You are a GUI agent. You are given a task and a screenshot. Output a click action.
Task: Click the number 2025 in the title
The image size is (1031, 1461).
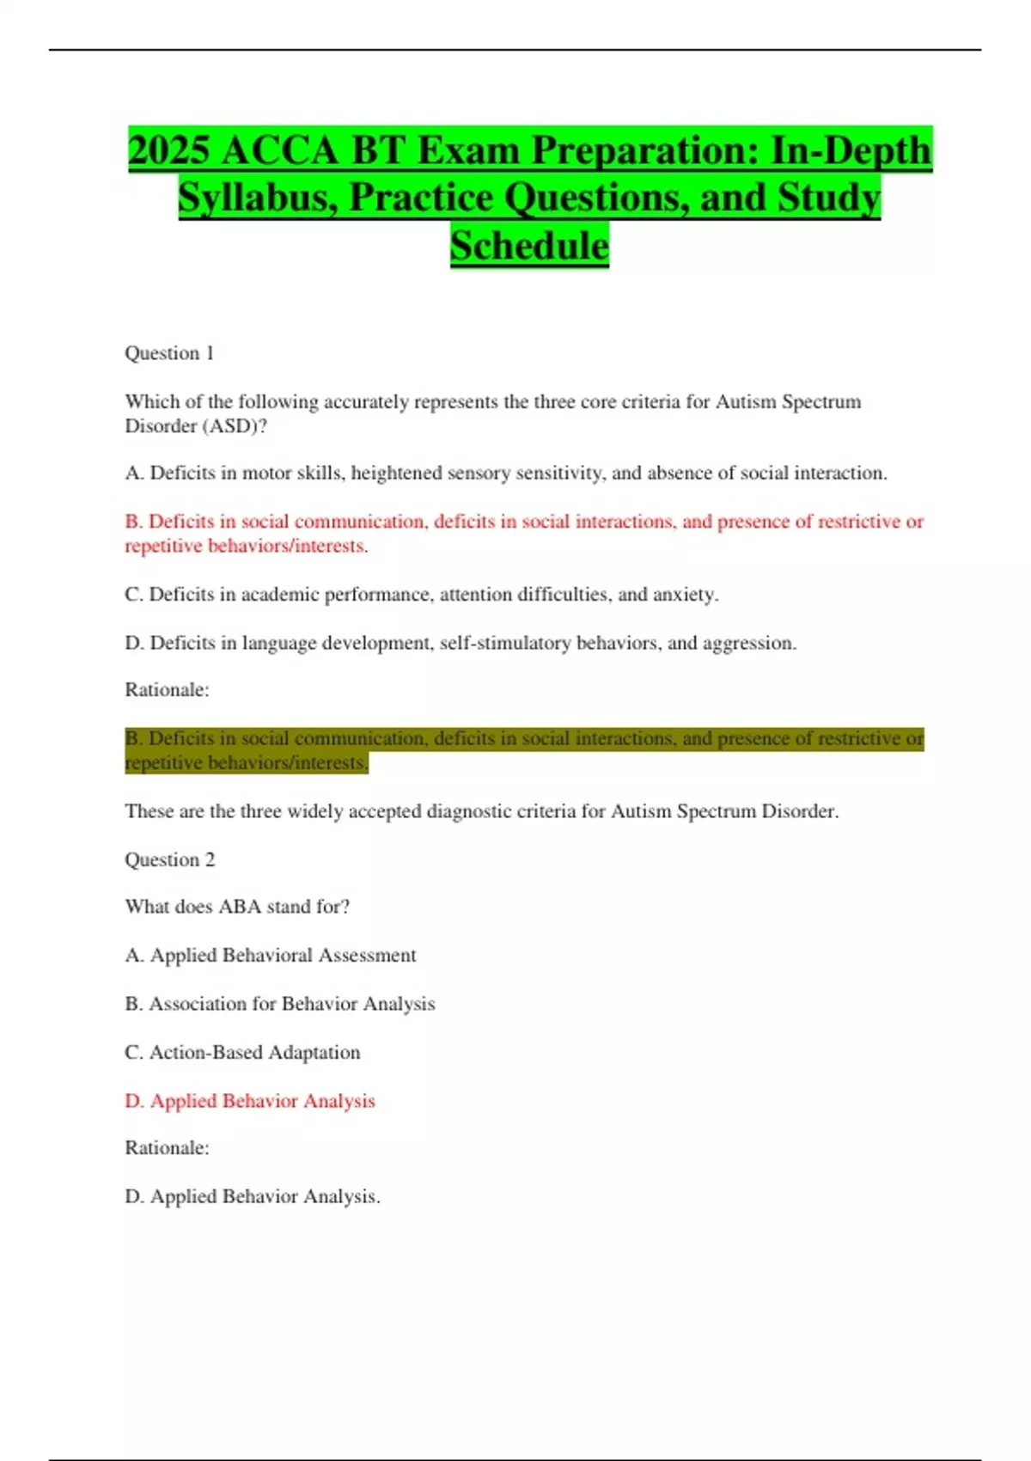[x=168, y=150]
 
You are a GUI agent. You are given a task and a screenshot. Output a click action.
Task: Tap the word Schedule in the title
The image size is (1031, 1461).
[x=529, y=246]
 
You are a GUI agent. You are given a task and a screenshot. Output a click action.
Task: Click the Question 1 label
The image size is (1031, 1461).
[x=169, y=353]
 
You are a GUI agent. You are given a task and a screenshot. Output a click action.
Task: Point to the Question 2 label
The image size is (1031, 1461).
[x=169, y=859]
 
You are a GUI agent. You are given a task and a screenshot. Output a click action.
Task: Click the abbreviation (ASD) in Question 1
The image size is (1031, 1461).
[x=235, y=426]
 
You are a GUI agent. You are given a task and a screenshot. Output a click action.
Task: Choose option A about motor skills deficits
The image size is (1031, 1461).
[x=505, y=473]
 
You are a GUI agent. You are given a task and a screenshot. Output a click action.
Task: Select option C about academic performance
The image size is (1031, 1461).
[x=421, y=594]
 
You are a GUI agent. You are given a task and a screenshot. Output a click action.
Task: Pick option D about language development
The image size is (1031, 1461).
[x=461, y=643]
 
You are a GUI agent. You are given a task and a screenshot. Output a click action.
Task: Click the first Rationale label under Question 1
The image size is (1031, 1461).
[x=167, y=690]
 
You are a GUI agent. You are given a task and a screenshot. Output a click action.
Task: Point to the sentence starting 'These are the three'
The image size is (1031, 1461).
[x=481, y=811]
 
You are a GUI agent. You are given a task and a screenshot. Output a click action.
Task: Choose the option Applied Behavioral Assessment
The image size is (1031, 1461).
[x=271, y=955]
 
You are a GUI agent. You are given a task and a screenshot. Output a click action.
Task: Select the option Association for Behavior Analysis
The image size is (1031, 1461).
[x=280, y=1004]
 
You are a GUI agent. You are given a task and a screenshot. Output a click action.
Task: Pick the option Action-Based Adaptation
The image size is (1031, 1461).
[x=242, y=1052]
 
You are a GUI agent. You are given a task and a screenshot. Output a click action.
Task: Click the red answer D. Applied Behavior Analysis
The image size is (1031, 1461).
[x=250, y=1101]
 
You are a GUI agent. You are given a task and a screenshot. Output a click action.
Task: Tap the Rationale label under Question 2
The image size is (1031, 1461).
[x=167, y=1148]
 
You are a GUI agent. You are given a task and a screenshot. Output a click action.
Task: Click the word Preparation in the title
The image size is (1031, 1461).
[x=645, y=150]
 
